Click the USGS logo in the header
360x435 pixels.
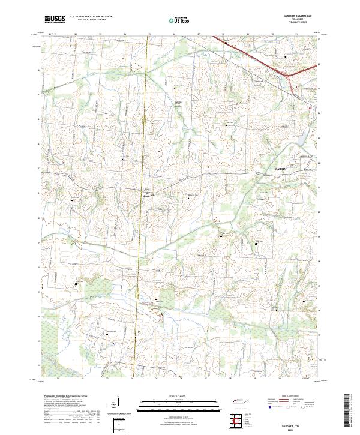coord(55,19)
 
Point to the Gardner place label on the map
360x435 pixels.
coord(259,81)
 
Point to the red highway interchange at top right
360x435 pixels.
coord(290,77)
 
